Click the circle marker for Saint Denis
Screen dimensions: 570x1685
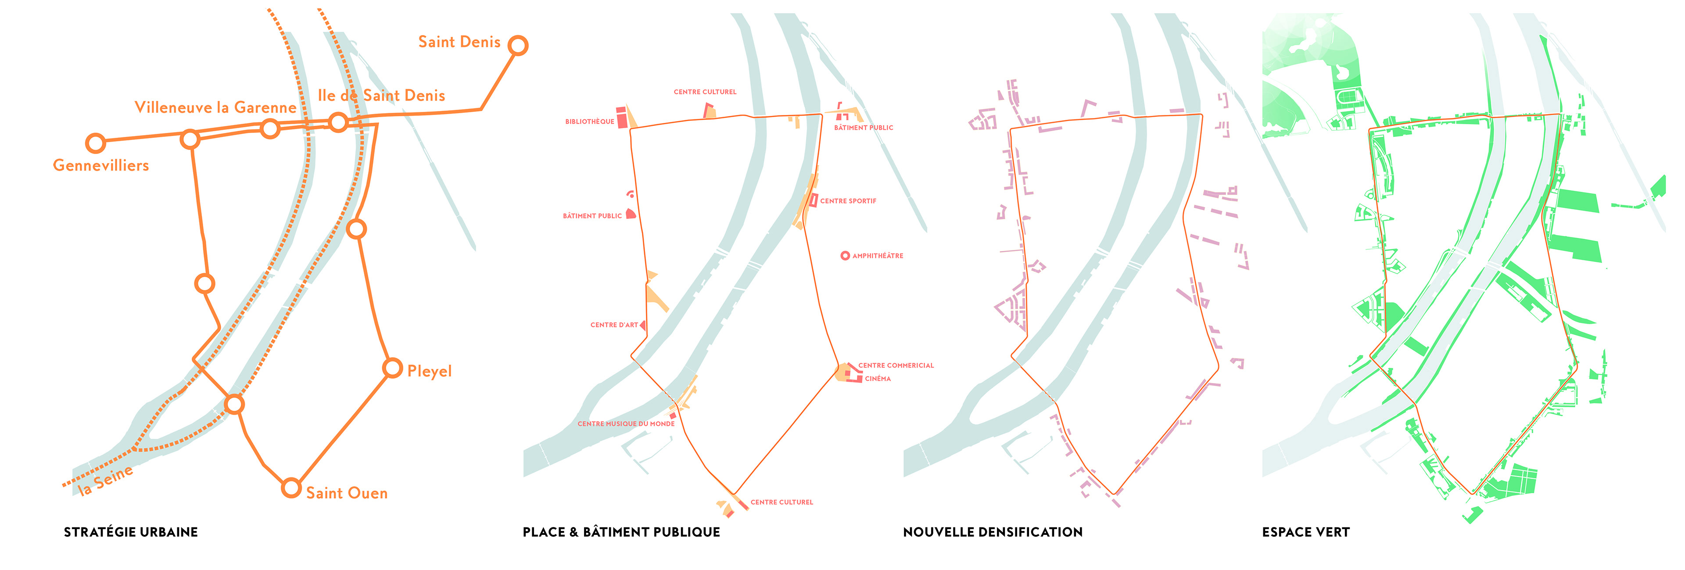click(x=517, y=46)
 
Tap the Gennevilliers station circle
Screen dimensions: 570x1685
click(x=96, y=143)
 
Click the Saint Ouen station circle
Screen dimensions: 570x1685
click(x=291, y=488)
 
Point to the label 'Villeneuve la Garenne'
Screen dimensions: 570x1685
click(x=215, y=108)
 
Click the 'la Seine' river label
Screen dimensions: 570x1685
click(x=105, y=480)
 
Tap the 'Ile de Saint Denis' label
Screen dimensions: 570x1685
click(x=381, y=96)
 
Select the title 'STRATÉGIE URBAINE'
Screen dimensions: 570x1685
click(x=131, y=532)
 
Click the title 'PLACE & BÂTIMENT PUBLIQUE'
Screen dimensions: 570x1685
click(x=621, y=532)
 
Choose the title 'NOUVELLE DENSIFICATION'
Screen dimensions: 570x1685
click(x=992, y=532)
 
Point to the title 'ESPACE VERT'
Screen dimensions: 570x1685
click(x=1305, y=532)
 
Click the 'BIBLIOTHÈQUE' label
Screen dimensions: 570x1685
click(x=589, y=122)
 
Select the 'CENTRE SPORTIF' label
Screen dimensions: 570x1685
click(x=848, y=201)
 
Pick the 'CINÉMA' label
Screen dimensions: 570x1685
click(x=877, y=379)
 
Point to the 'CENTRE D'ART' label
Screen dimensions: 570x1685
click(x=613, y=325)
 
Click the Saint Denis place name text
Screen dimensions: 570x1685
click(x=459, y=42)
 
